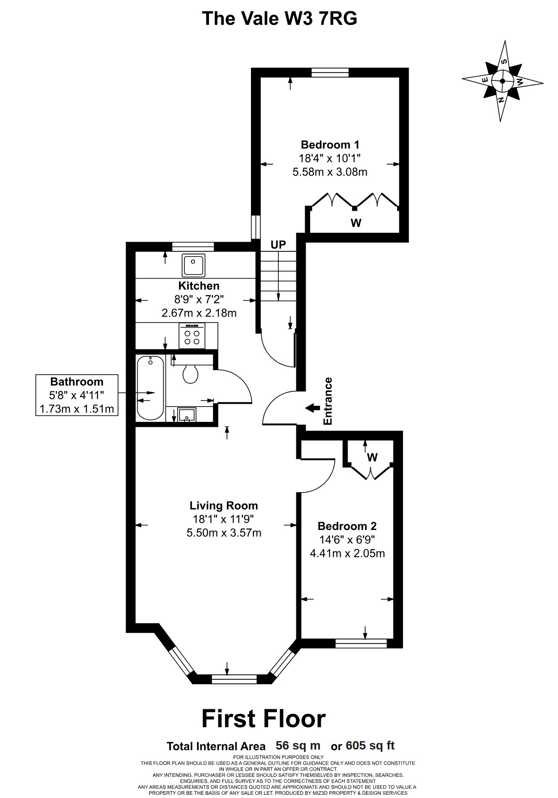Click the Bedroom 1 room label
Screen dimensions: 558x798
pyautogui.click(x=330, y=145)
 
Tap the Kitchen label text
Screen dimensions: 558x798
pyautogui.click(x=199, y=286)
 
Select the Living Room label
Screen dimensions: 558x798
pyautogui.click(x=224, y=506)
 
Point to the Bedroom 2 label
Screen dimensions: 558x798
pyautogui.click(x=347, y=526)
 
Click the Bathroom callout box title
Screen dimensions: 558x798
pyautogui.click(x=77, y=382)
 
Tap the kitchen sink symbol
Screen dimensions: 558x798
pyautogui.click(x=193, y=266)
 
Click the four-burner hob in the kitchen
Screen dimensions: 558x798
pyautogui.click(x=192, y=335)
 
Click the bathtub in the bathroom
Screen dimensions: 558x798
pyautogui.click(x=151, y=388)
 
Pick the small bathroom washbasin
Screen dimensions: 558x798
pyautogui.click(x=187, y=414)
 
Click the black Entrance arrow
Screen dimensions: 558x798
pyautogui.click(x=313, y=408)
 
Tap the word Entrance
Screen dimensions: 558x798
pyautogui.click(x=328, y=401)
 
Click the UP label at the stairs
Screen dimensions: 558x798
pyautogui.click(x=278, y=244)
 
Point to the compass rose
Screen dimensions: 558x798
pyautogui.click(x=503, y=81)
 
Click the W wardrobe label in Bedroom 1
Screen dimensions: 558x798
pyautogui.click(x=356, y=223)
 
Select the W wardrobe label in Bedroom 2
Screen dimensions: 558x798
pyautogui.click(x=372, y=457)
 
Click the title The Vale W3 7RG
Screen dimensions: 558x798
pyautogui.click(x=280, y=18)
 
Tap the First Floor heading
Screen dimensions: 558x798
pyautogui.click(x=264, y=719)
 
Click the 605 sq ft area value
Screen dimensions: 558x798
pyautogui.click(x=370, y=745)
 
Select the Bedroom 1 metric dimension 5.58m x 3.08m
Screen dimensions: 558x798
pyautogui.click(x=330, y=172)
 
